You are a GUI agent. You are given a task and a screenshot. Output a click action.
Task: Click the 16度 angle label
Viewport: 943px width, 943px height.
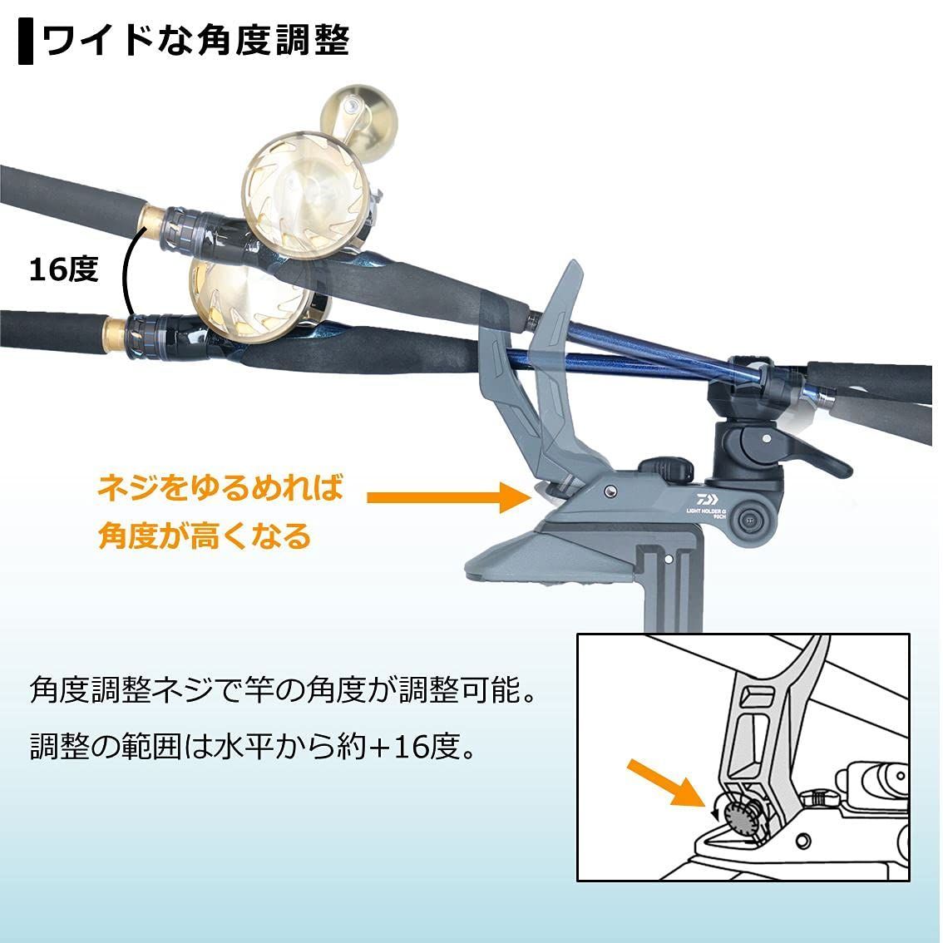(x=64, y=269)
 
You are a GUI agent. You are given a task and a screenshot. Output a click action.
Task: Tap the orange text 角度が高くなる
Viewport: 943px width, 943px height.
(x=205, y=536)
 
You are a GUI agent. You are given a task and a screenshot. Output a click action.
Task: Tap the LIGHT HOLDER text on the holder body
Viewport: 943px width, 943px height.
(x=707, y=511)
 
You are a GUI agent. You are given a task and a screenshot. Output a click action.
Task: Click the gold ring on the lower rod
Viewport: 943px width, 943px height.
(x=114, y=334)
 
